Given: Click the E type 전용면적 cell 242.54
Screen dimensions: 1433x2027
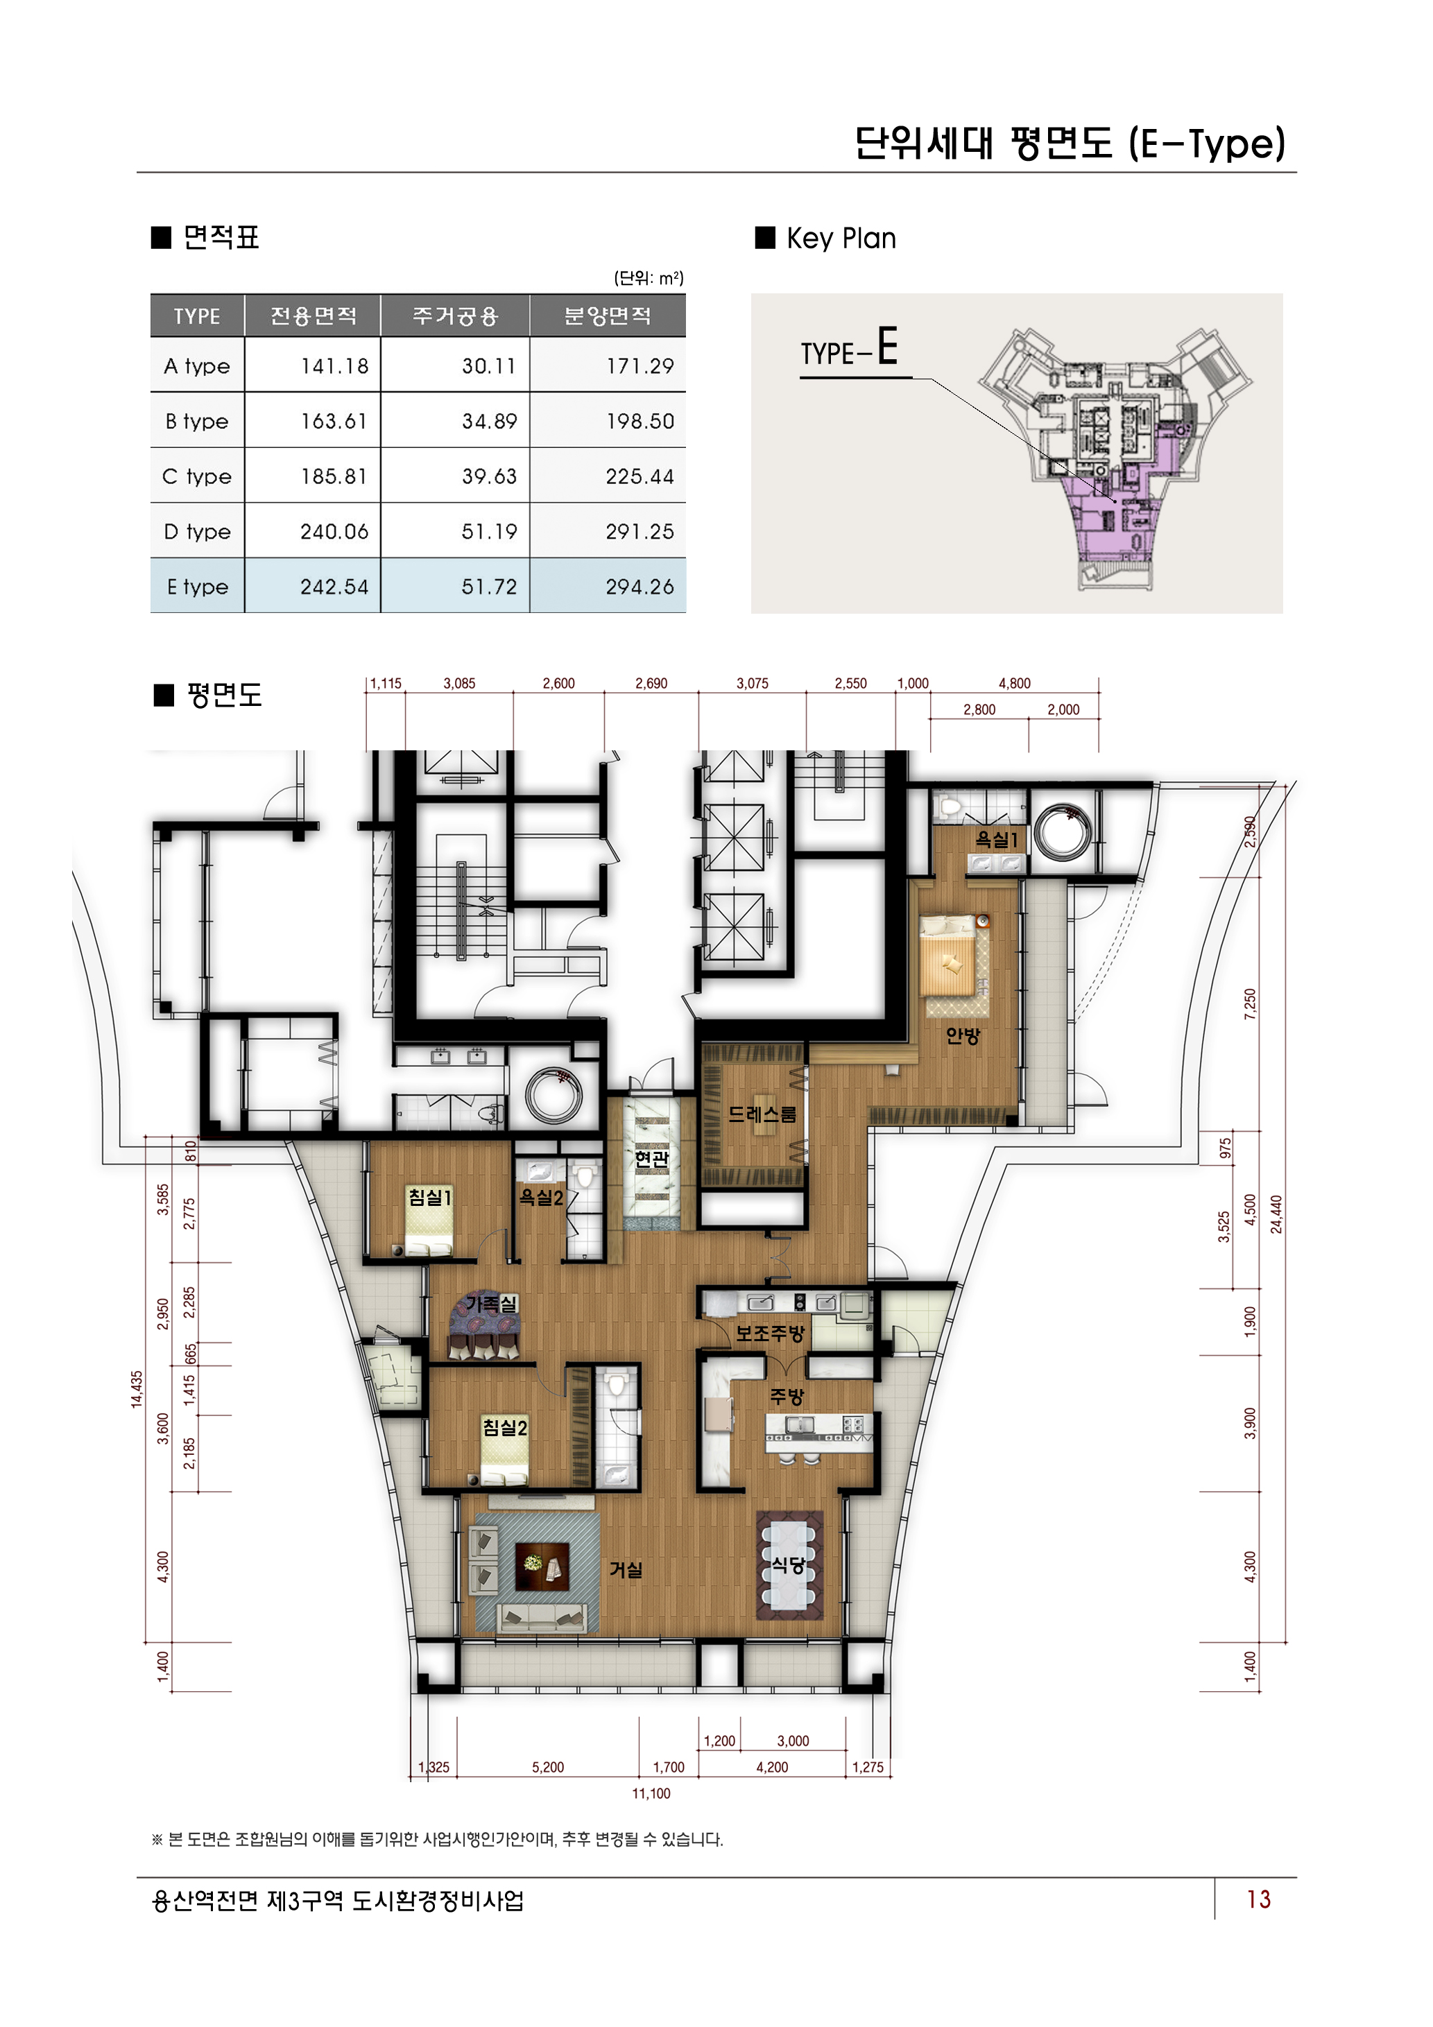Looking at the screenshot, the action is [x=334, y=587].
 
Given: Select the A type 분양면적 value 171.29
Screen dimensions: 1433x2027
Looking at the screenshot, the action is [x=640, y=366].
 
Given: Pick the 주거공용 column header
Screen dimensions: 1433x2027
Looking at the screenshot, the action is [x=455, y=316].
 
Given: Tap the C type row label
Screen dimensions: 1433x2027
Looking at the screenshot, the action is [x=197, y=476].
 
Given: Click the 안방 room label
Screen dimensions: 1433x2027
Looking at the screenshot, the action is [x=963, y=1035].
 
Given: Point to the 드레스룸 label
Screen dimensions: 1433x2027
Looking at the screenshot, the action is [x=762, y=1114].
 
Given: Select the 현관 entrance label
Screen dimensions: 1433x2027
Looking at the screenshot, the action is [x=651, y=1158].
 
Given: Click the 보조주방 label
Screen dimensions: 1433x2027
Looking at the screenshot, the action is [x=770, y=1333].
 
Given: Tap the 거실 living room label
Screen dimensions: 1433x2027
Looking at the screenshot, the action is [x=626, y=1570].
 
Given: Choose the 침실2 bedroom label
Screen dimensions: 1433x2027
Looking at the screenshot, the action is [x=504, y=1428].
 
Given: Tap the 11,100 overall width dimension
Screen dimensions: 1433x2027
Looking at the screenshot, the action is [x=651, y=1793].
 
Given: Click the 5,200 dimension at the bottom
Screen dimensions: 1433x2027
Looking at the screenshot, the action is [x=547, y=1768].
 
